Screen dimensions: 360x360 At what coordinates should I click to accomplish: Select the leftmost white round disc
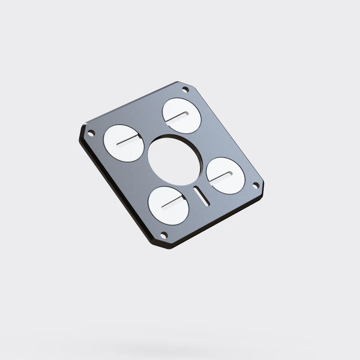tap(124, 143)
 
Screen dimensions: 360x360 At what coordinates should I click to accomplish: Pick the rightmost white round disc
tap(226, 175)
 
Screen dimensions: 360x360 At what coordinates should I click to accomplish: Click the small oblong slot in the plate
tap(201, 196)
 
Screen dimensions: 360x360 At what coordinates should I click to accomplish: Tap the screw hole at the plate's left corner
tap(91, 133)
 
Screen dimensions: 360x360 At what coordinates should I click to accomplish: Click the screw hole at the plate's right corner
tap(256, 185)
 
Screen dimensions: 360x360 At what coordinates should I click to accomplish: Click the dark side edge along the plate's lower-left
tap(115, 194)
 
